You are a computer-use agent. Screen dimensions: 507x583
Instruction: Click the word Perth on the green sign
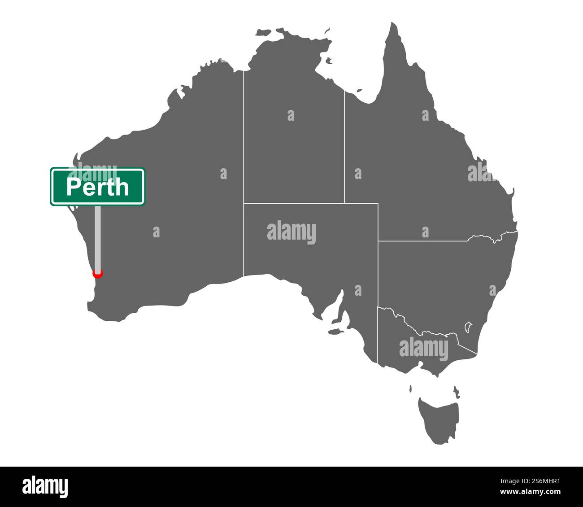click(97, 187)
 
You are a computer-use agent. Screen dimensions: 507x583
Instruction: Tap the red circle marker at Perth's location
click(97, 273)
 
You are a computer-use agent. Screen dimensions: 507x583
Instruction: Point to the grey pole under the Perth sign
click(97, 238)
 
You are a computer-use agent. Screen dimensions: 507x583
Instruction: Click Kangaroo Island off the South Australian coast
click(335, 332)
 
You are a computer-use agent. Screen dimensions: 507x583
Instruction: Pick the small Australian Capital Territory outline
click(468, 326)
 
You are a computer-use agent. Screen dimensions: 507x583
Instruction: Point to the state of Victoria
click(422, 348)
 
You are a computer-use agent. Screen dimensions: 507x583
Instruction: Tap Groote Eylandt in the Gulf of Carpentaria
click(329, 60)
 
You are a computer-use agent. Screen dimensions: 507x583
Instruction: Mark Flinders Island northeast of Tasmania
click(456, 391)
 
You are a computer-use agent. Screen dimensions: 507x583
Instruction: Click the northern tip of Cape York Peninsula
click(393, 25)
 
